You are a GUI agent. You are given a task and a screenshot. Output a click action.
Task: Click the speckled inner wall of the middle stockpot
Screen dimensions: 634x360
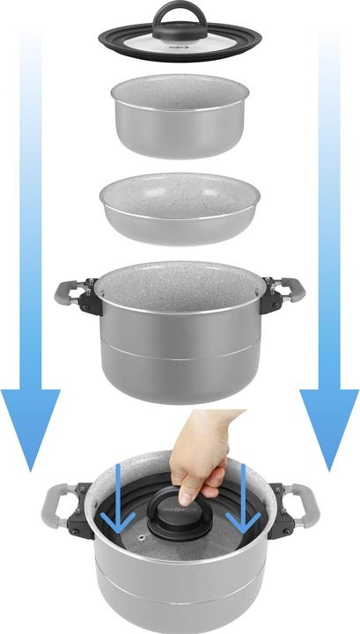[x=179, y=282]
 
